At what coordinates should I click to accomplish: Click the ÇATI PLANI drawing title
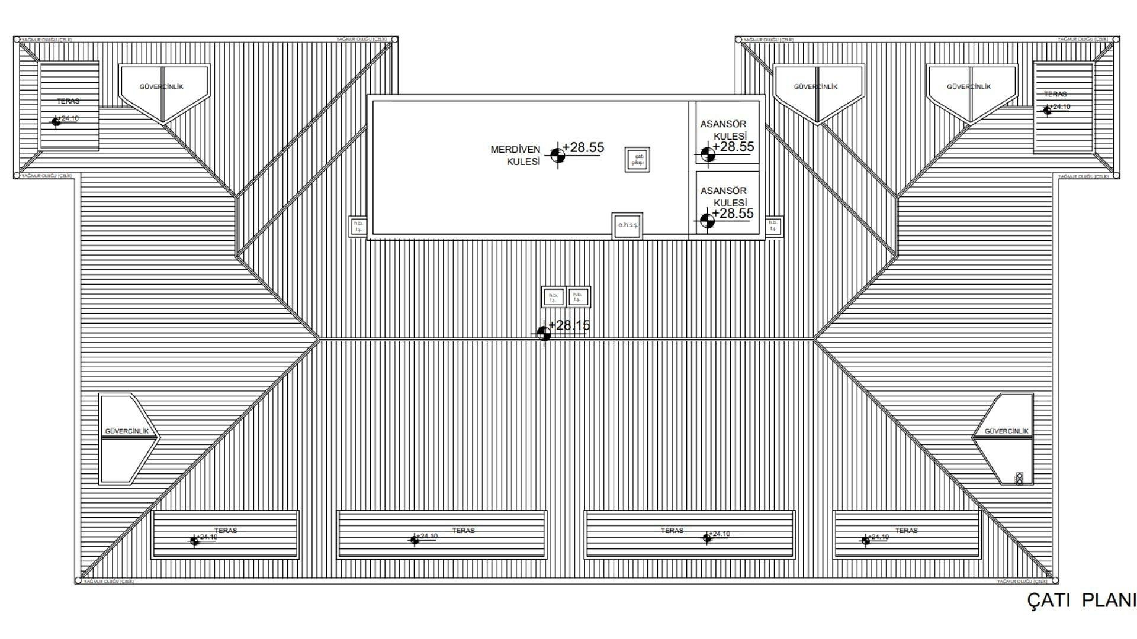[1081, 600]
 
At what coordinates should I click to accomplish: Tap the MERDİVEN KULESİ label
[515, 156]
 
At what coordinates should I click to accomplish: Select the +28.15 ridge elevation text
[569, 325]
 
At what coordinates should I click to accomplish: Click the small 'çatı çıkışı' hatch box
[637, 160]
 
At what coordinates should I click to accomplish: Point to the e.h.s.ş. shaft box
[627, 225]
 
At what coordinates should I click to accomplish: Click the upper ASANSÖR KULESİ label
[723, 130]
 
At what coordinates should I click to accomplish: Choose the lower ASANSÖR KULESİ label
[723, 196]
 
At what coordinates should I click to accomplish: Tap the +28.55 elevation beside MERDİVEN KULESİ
[583, 147]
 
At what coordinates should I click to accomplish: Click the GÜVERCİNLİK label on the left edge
[127, 431]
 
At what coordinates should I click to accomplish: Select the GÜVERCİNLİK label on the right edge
[1006, 431]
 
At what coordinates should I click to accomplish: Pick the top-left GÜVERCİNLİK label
[161, 86]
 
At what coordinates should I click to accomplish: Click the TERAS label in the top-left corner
[68, 101]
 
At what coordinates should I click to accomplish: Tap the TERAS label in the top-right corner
[1055, 94]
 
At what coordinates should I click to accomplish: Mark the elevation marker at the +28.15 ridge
[544, 334]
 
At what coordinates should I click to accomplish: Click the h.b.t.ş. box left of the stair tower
[358, 227]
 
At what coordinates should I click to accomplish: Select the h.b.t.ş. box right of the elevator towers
[773, 226]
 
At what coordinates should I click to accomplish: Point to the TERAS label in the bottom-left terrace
[226, 531]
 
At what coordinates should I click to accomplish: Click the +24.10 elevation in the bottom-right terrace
[878, 537]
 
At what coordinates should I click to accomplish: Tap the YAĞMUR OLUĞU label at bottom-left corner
[109, 582]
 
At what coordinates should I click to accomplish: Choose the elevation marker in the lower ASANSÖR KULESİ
[706, 221]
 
